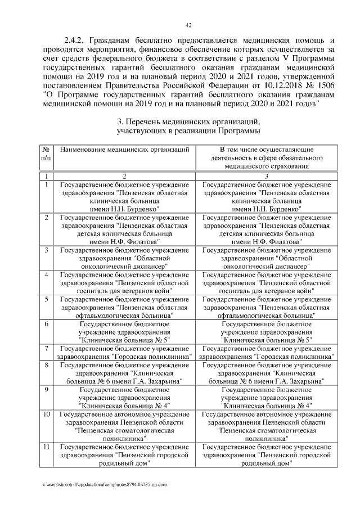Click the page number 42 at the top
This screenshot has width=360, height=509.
coord(189,24)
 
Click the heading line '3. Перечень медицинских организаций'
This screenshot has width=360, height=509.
coord(188,121)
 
